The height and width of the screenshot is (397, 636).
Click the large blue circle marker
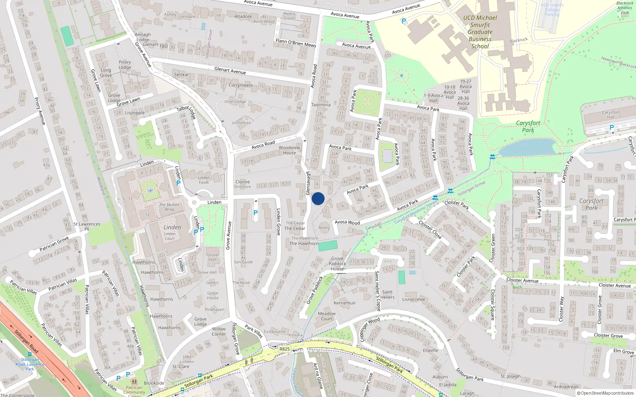[318, 198]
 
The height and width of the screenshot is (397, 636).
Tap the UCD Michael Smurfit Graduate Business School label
[480, 32]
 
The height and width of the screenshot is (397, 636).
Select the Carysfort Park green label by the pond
[528, 126]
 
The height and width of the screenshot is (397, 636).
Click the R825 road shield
[285, 349]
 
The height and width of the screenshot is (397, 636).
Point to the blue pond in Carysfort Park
[527, 148]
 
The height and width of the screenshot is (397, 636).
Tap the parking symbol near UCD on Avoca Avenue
[404, 21]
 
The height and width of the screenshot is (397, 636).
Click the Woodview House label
[289, 150]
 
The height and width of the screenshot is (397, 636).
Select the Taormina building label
[321, 105]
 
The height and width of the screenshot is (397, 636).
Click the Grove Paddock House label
[337, 264]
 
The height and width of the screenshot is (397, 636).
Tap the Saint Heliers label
[387, 294]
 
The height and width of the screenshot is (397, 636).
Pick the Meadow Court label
[327, 316]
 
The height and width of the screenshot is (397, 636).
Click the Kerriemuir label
[345, 303]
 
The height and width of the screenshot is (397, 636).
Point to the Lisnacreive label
[413, 299]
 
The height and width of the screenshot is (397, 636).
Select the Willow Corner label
[219, 331]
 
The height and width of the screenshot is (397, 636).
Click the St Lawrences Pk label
[87, 226]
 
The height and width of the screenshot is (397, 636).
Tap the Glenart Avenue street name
[230, 70]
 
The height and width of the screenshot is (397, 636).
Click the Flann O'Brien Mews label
[296, 42]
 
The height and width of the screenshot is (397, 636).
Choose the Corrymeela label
[240, 85]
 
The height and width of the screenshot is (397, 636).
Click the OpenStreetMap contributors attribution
[605, 393]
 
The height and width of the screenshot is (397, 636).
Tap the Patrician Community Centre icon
[134, 382]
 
